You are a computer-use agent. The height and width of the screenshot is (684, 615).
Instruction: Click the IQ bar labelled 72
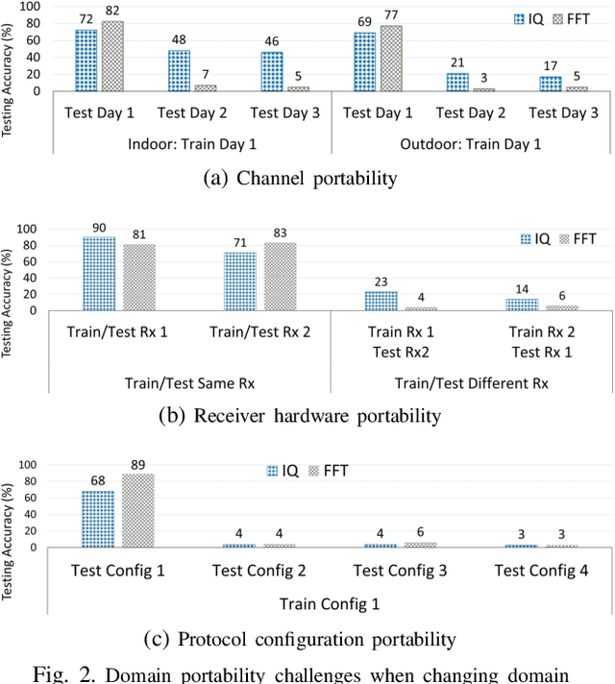[x=86, y=61]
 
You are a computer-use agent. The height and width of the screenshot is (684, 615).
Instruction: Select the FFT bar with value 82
[x=112, y=56]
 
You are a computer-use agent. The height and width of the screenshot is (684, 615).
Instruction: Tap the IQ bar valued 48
[x=180, y=70]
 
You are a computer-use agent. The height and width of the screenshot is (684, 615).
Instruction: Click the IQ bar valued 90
[x=98, y=274]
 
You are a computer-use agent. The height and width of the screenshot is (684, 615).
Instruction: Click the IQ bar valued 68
[x=98, y=519]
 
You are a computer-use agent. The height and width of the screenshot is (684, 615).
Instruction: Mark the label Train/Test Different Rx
[x=471, y=382]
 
